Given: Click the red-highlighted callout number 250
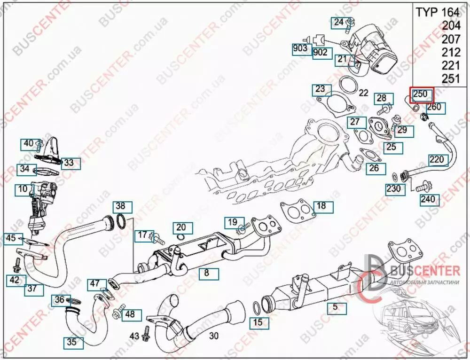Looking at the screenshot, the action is click(422, 95).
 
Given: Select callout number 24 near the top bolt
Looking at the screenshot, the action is click(339, 23).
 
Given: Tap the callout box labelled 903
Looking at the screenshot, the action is click(301, 49).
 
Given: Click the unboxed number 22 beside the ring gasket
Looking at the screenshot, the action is click(363, 93).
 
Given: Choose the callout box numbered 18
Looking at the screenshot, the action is click(322, 206).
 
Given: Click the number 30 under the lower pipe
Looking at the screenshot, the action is click(214, 336).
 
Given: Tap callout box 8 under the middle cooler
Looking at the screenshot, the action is click(209, 274).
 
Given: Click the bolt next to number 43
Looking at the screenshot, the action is click(147, 334).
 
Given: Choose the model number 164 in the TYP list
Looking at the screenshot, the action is click(450, 12).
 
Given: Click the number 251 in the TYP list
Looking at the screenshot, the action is click(451, 78).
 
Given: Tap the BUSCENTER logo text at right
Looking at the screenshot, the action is click(425, 271).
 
